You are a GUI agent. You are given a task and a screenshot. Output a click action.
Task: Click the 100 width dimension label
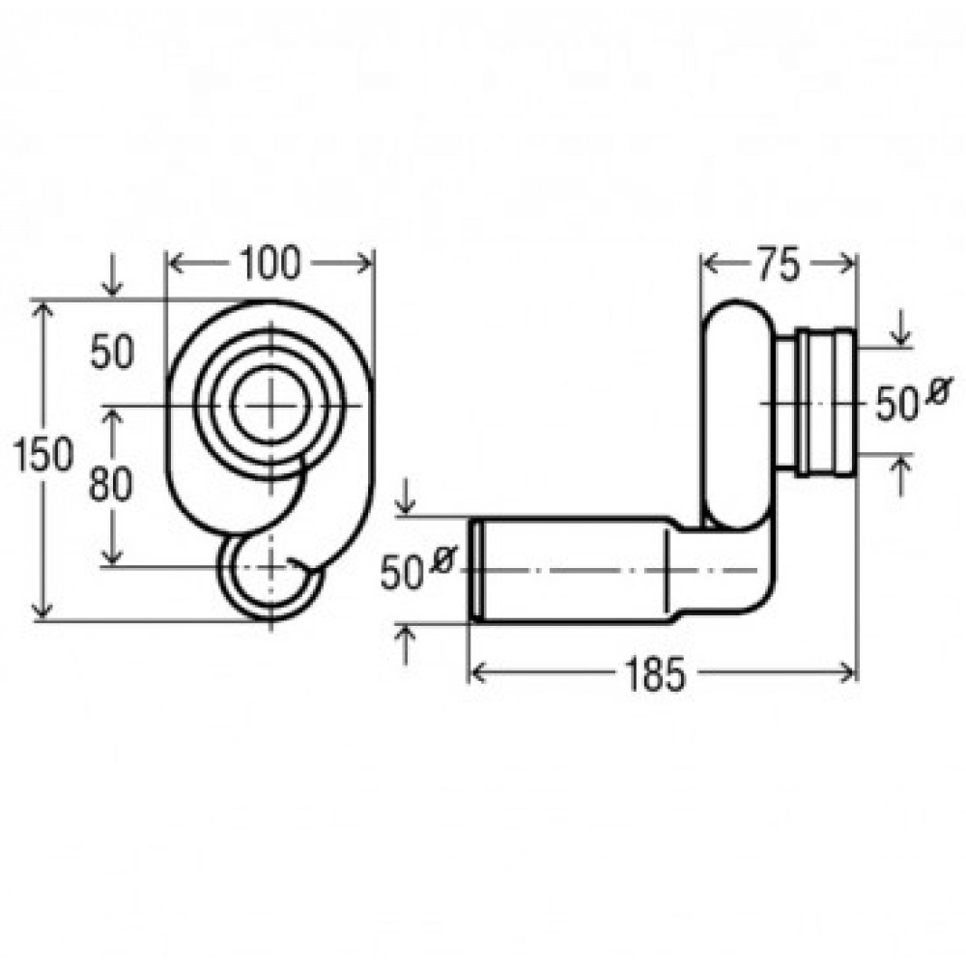click(270, 263)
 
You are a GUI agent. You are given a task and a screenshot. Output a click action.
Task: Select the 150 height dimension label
click(43, 454)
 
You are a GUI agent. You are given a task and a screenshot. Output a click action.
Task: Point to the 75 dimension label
click(778, 265)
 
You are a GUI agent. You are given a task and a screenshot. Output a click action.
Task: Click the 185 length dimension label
click(654, 673)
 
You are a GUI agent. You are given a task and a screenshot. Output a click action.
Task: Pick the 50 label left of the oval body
click(111, 353)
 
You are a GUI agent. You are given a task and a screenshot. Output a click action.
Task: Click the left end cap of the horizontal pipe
click(475, 570)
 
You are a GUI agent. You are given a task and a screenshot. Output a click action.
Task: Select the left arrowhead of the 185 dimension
click(478, 672)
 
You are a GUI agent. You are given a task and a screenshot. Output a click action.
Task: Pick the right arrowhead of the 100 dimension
click(364, 264)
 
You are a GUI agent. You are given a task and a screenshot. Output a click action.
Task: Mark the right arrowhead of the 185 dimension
click(847, 672)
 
